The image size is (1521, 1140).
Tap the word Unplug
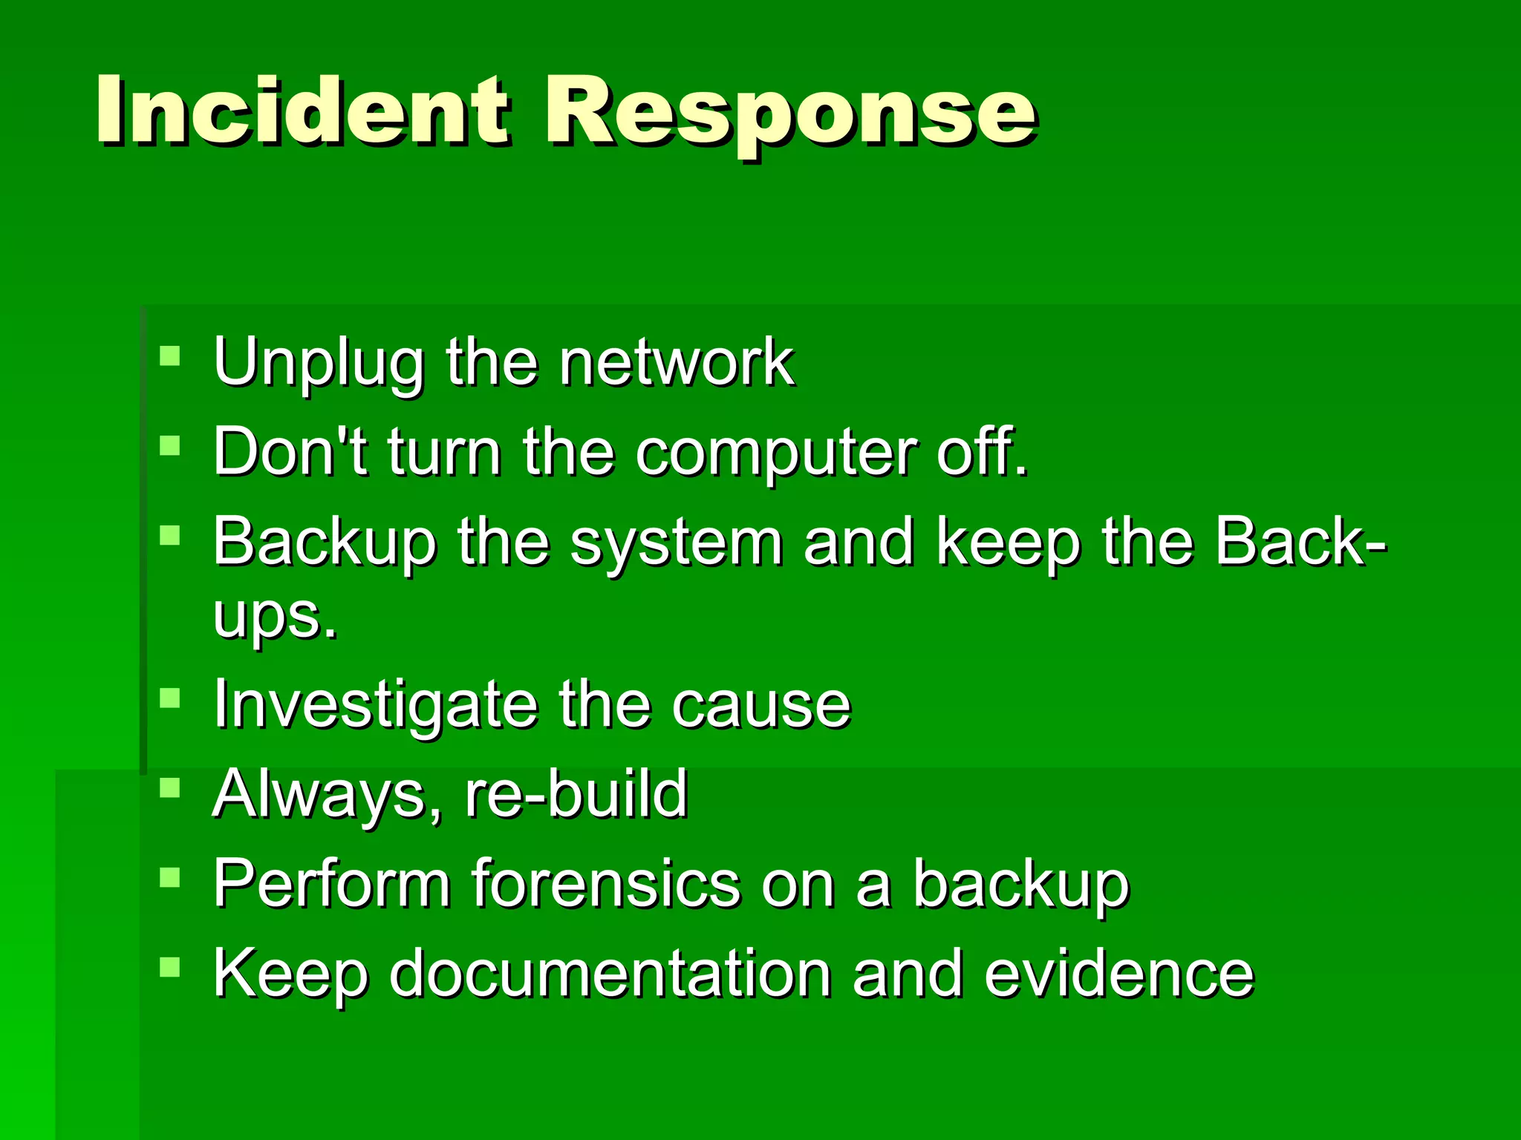(318, 364)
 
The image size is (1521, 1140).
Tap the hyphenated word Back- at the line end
(1300, 542)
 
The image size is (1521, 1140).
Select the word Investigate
(375, 705)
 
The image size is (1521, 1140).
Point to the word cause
(760, 705)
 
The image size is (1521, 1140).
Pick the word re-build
(576, 794)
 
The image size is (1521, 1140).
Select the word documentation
(610, 974)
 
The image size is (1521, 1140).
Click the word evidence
(1118, 974)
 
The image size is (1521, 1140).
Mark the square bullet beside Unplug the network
(170, 356)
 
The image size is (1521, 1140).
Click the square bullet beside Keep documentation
(170, 966)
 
